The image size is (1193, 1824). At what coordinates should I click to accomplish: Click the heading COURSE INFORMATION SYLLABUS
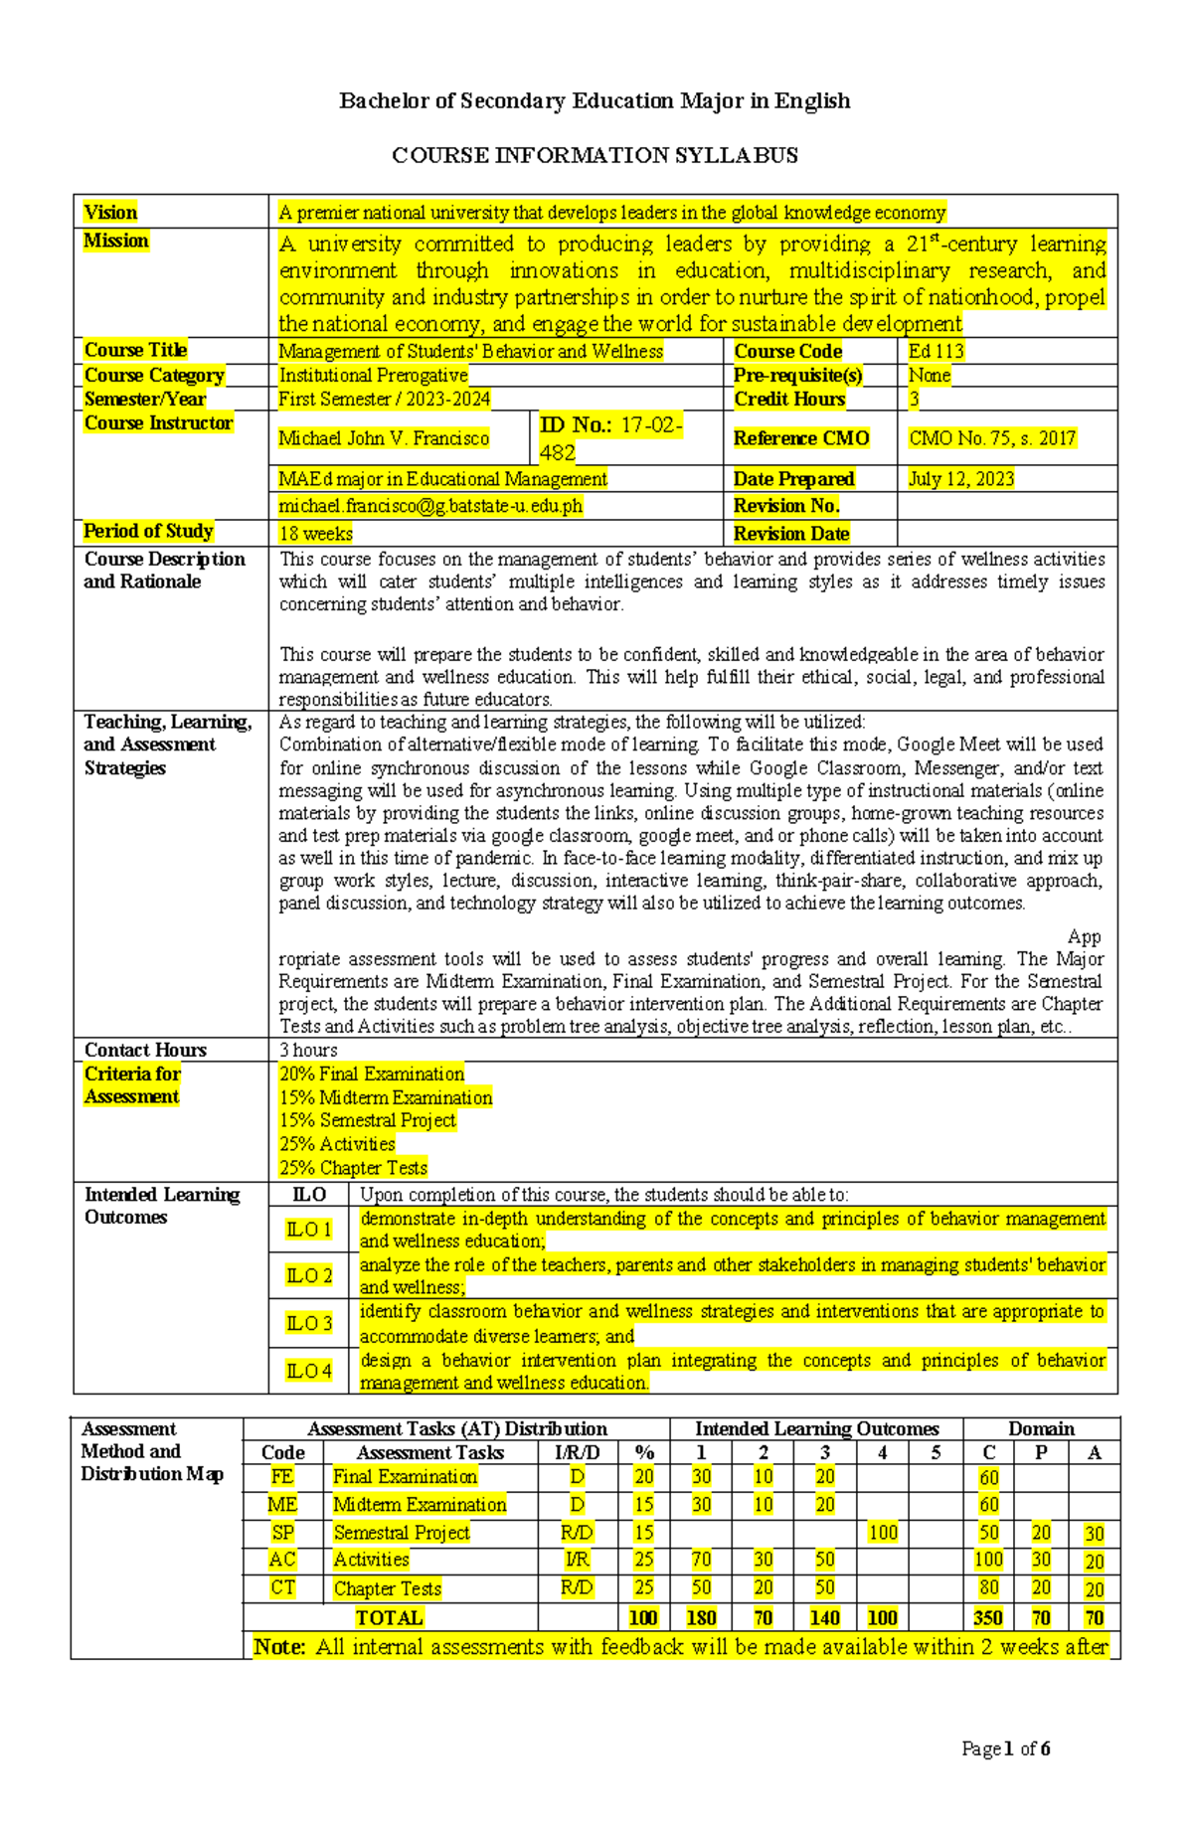click(595, 155)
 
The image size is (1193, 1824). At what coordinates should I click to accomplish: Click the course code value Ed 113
click(936, 351)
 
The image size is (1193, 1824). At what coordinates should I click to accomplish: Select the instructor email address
click(430, 506)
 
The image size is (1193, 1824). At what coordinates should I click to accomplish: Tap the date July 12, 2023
click(960, 479)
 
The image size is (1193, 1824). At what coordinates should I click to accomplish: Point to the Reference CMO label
click(801, 438)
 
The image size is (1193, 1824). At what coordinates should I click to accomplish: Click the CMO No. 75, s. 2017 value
click(991, 438)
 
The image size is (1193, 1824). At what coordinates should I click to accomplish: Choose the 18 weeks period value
click(315, 534)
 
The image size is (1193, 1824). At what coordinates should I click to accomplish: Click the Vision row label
click(110, 212)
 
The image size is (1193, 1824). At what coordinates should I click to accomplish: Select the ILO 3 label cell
click(308, 1323)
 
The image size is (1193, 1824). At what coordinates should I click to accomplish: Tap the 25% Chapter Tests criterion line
click(353, 1168)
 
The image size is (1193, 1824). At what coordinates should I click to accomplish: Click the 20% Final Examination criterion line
click(371, 1075)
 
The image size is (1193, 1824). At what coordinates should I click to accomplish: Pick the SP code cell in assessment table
click(282, 1533)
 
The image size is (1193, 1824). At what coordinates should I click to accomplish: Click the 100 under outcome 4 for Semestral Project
click(882, 1533)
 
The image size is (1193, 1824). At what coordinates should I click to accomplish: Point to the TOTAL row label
click(389, 1617)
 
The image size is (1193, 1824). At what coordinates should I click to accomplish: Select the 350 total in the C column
click(987, 1617)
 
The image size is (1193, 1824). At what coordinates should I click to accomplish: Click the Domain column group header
click(1041, 1429)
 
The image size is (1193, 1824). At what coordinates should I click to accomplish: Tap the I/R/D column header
click(577, 1452)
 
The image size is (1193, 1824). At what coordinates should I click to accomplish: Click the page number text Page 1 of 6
click(1005, 1748)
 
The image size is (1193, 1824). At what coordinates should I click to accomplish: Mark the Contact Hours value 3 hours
click(308, 1050)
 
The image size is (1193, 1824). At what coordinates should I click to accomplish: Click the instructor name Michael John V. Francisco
click(384, 438)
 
